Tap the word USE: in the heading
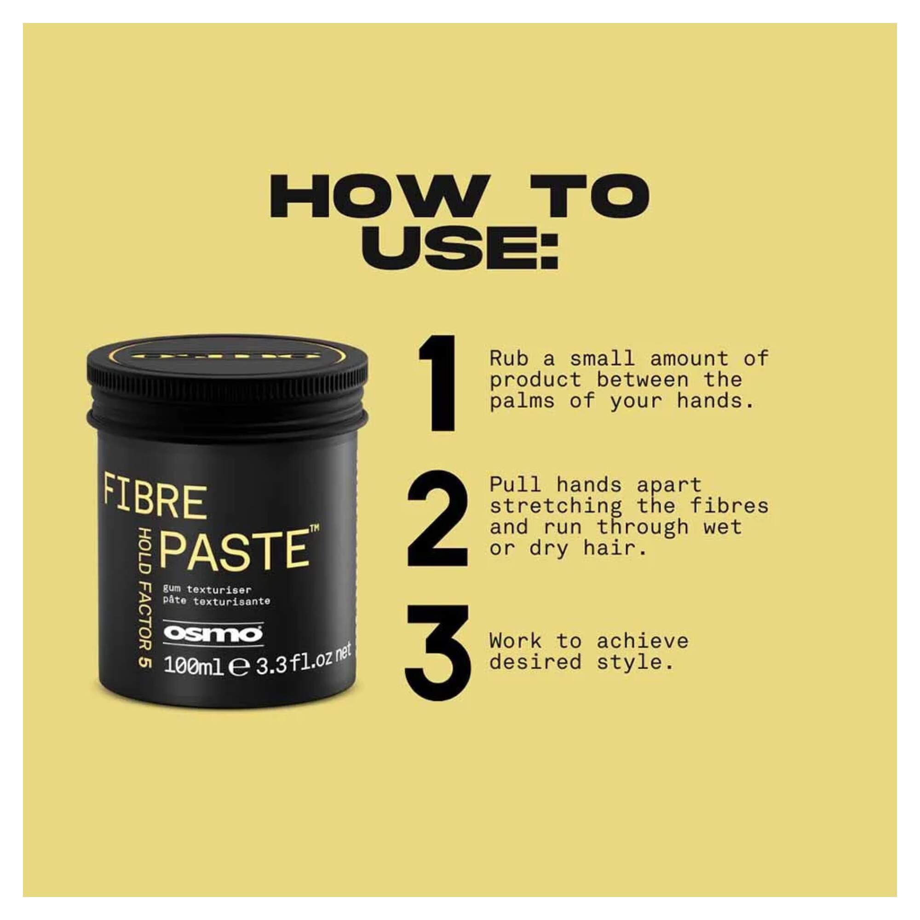tap(460, 248)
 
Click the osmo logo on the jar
tap(213, 634)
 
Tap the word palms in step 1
tap(523, 402)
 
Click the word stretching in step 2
tap(556, 506)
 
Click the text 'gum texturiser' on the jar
tap(207, 590)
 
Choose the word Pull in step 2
tap(515, 485)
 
